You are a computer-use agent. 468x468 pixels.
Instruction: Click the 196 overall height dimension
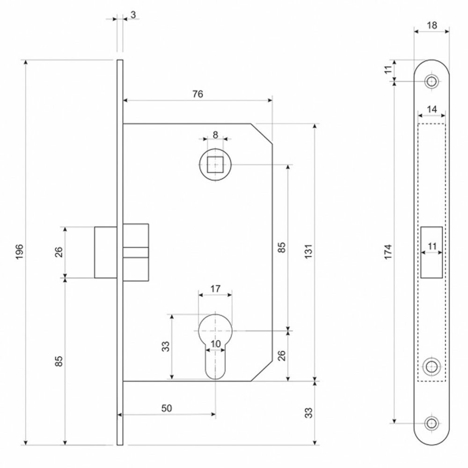coord(20,253)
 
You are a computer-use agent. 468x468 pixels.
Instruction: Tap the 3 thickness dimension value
coord(133,15)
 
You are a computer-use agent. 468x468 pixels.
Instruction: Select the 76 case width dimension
coord(197,94)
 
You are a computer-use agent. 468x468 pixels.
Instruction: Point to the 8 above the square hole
coord(215,135)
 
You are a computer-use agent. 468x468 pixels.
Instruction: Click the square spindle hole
coord(215,165)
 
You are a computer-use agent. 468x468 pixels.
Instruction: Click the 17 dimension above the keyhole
coord(215,289)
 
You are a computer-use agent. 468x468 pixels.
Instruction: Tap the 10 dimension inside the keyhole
coord(215,344)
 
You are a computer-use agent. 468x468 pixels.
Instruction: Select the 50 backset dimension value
coord(167,408)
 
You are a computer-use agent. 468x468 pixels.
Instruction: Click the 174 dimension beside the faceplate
coord(388,252)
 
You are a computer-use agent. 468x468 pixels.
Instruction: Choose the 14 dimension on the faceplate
coord(431,110)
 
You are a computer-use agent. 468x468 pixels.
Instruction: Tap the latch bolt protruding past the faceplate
coord(105,252)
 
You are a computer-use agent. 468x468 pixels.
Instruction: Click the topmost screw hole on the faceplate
coord(431,81)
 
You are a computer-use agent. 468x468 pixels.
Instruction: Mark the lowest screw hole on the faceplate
coord(431,423)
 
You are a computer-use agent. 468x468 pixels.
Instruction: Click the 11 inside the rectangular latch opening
coord(432,246)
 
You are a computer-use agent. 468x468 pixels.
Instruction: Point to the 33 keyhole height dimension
coord(165,346)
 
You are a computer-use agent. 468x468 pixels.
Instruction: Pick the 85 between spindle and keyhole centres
coord(281,248)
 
